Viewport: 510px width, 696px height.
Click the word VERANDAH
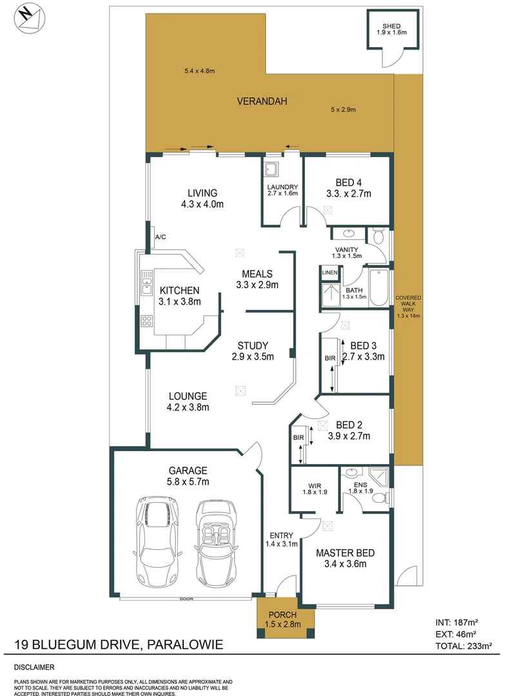click(261, 101)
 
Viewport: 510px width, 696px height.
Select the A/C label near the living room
click(161, 237)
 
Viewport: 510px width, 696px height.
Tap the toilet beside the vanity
click(379, 237)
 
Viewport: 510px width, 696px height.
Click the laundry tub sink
click(271, 169)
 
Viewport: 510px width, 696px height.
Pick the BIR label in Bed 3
click(330, 358)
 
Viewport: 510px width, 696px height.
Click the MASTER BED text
click(344, 553)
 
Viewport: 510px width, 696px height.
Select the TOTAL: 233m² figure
click(460, 644)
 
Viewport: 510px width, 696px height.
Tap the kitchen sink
click(146, 279)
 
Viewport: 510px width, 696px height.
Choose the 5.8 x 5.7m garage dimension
click(188, 481)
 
